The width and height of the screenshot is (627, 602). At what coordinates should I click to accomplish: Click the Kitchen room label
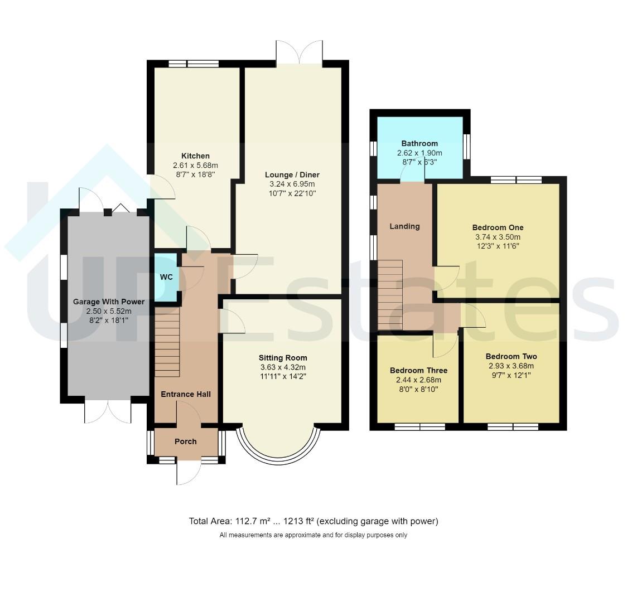[195, 156]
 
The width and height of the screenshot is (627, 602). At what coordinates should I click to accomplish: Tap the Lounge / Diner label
[292, 174]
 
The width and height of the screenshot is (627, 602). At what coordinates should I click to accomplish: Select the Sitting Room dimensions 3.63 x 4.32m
[283, 367]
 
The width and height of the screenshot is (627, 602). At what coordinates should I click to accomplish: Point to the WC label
[166, 277]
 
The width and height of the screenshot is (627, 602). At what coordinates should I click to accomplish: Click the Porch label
[186, 441]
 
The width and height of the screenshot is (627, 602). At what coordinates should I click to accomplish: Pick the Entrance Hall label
[186, 394]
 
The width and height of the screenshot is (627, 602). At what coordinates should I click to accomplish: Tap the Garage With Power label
[108, 302]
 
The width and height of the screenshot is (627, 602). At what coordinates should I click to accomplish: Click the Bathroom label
[419, 143]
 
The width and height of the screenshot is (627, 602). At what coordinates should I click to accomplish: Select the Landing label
[404, 226]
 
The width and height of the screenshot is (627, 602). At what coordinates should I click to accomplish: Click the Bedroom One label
[498, 227]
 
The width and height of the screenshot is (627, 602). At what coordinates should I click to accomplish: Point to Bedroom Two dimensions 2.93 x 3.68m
[511, 366]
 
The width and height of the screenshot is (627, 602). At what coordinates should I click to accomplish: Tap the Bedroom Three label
[419, 370]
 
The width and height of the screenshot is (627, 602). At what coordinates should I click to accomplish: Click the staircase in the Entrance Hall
[167, 344]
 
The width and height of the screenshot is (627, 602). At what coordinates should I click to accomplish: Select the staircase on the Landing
[390, 295]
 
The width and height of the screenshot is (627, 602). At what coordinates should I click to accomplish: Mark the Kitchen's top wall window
[194, 64]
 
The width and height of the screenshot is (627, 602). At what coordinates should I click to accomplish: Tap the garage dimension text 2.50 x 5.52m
[108, 311]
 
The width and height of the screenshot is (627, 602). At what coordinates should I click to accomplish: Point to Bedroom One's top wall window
[516, 179]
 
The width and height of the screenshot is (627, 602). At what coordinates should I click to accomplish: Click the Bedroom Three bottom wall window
[420, 427]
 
